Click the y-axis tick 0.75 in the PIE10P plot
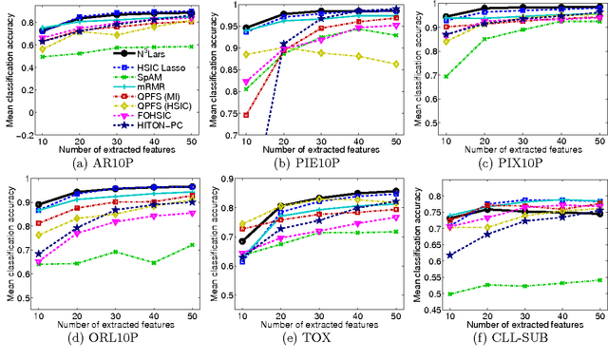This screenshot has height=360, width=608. pyautogui.click(x=226, y=113)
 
